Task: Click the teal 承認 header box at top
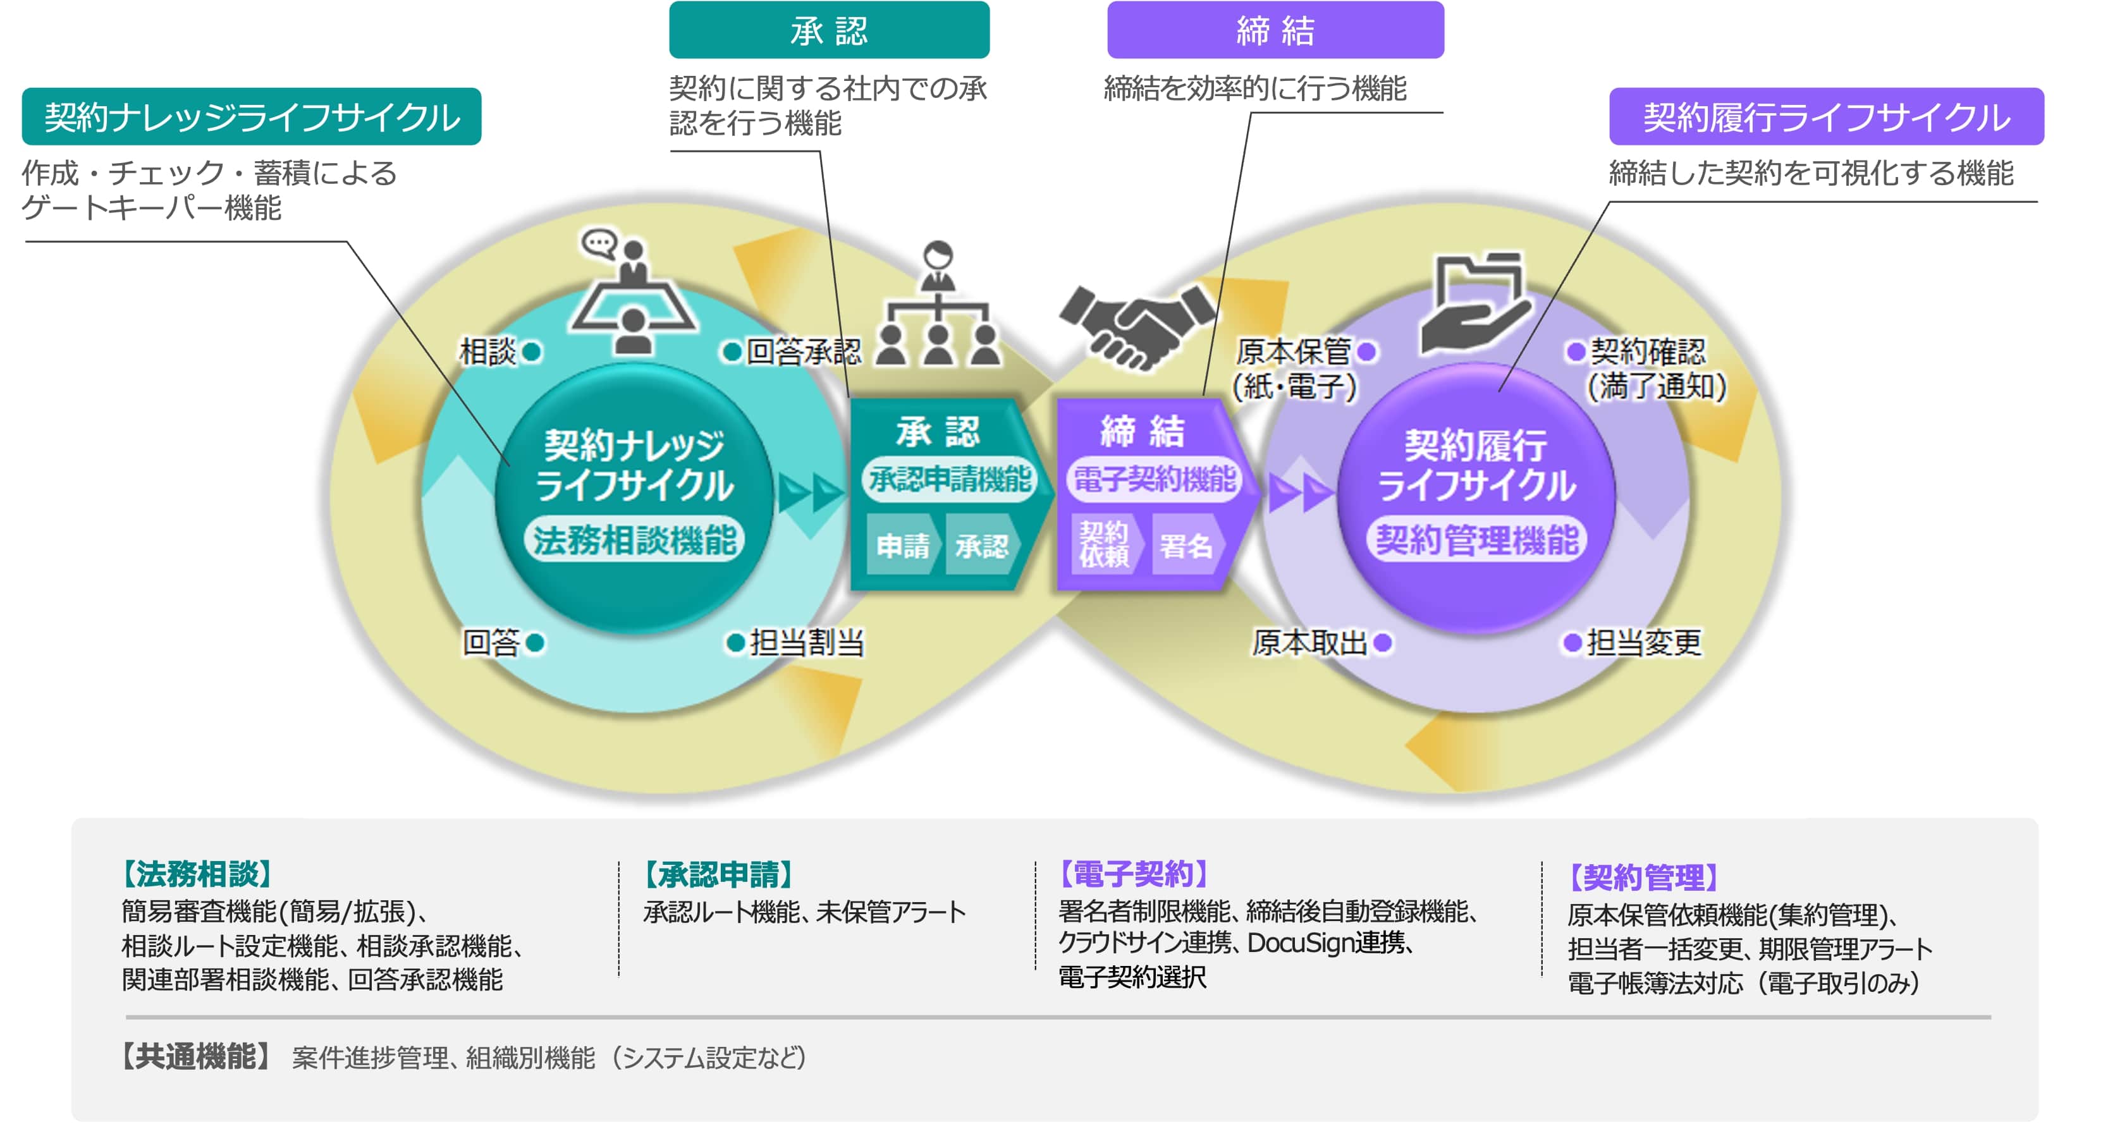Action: point(828,30)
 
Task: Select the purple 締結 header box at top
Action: point(1274,30)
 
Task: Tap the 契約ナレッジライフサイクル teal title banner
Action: point(251,116)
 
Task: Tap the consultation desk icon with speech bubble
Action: point(632,293)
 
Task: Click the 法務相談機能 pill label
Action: point(634,541)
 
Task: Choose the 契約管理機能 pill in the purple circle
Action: point(1476,541)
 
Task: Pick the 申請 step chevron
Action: point(902,546)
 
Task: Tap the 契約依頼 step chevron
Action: point(1104,544)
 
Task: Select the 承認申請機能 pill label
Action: point(950,479)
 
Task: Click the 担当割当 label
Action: point(807,642)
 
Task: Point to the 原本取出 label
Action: point(1309,642)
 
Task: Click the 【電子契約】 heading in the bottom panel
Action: point(1133,873)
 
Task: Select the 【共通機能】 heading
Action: point(195,1056)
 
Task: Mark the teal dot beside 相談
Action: point(532,352)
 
